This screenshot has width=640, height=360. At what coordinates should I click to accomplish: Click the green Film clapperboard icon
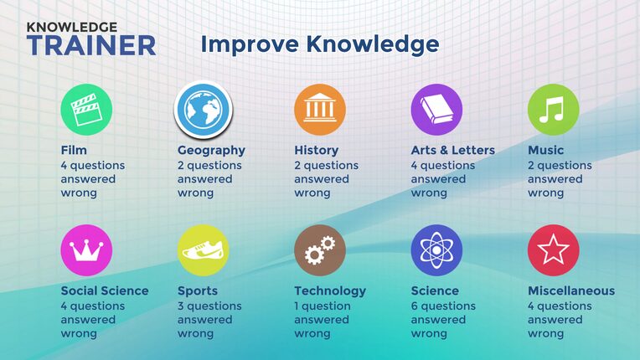click(86, 110)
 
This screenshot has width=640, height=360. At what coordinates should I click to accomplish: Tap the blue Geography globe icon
click(204, 110)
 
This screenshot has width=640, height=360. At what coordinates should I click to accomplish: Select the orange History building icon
click(320, 110)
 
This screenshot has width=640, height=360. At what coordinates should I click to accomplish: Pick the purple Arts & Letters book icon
click(436, 110)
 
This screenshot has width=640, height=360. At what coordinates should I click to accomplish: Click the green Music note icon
click(554, 110)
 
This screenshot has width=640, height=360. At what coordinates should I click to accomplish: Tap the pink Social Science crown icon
click(86, 250)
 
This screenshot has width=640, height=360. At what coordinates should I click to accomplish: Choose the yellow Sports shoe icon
click(204, 250)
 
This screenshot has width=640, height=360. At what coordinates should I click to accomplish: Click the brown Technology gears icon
click(320, 250)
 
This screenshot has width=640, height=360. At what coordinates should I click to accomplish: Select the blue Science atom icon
click(436, 250)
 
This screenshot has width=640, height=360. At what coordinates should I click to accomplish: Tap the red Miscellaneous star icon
click(554, 250)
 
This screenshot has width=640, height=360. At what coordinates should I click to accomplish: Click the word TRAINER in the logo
click(91, 45)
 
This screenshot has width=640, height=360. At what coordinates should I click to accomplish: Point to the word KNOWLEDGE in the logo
click(72, 28)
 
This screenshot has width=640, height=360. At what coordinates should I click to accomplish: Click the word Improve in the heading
click(250, 44)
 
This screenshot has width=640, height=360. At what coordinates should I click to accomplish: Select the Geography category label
click(211, 151)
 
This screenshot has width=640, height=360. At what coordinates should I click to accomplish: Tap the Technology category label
click(330, 291)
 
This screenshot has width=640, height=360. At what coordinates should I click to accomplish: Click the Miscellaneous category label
click(571, 291)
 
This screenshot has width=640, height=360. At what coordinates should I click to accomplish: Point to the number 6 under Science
click(415, 306)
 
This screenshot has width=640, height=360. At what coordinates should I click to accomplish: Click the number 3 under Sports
click(181, 306)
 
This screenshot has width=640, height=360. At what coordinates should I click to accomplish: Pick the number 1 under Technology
click(297, 306)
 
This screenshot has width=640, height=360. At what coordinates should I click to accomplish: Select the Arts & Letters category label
click(453, 151)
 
